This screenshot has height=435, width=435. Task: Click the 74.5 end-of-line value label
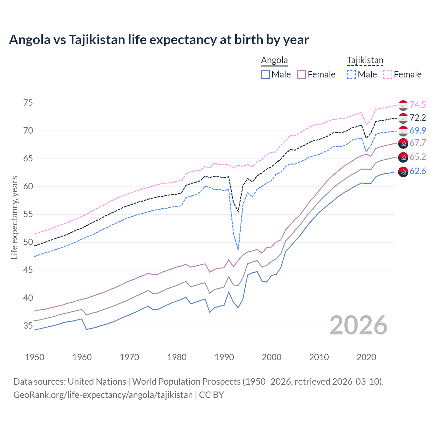pyautogui.click(x=418, y=105)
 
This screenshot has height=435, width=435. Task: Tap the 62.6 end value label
pyautogui.click(x=418, y=171)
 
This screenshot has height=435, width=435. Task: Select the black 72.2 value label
pyautogui.click(x=418, y=118)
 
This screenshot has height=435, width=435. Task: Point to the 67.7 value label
pyautogui.click(x=418, y=143)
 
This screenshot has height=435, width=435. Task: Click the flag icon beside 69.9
pyautogui.click(x=403, y=131)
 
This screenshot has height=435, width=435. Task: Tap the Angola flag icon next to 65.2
pyautogui.click(x=403, y=157)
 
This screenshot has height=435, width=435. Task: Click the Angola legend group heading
pyautogui.click(x=274, y=60)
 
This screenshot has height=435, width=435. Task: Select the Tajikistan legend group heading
pyautogui.click(x=365, y=60)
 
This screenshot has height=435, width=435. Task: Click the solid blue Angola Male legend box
pyautogui.click(x=265, y=74)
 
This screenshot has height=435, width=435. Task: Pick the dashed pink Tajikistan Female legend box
pyautogui.click(x=388, y=74)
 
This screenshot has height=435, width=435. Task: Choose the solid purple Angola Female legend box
pyautogui.click(x=302, y=74)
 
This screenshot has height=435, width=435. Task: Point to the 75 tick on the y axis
pyautogui.click(x=28, y=103)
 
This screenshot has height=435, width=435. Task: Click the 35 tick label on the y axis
pyautogui.click(x=28, y=326)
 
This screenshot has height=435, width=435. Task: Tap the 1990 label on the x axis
pyautogui.click(x=224, y=357)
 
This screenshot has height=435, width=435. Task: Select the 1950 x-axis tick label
pyautogui.click(x=35, y=357)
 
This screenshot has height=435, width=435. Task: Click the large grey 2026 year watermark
pyautogui.click(x=359, y=325)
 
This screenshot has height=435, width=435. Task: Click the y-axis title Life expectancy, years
pyautogui.click(x=14, y=217)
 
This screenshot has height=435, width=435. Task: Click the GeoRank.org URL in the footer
pyautogui.click(x=103, y=395)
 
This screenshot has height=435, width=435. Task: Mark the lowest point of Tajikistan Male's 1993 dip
pyautogui.click(x=238, y=250)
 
